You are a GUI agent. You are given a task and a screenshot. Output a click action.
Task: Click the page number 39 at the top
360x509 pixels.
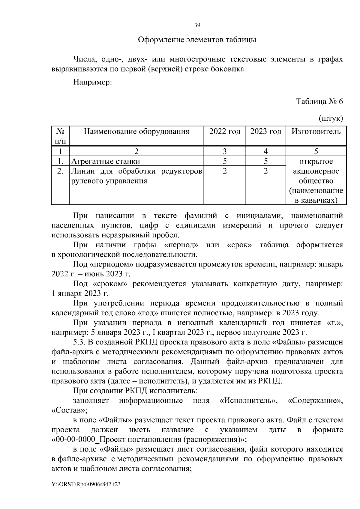coord(197,25)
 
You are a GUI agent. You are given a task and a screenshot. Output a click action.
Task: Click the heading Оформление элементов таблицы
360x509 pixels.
coord(197,40)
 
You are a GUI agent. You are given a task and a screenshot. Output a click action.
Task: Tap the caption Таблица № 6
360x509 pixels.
coord(319,101)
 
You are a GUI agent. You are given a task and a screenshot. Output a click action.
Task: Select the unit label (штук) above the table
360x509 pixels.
coord(331,118)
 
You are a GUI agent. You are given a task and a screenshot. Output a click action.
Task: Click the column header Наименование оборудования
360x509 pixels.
coord(136,132)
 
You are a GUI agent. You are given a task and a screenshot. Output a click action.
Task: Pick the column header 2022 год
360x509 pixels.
coord(225,132)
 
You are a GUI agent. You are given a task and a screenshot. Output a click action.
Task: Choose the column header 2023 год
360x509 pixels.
coord(265,132)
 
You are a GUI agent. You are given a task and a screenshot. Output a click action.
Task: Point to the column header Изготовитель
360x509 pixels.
coord(316,132)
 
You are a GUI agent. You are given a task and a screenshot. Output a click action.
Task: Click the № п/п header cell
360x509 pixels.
coord(60,136)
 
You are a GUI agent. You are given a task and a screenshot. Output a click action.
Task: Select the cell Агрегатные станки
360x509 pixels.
coord(106,161)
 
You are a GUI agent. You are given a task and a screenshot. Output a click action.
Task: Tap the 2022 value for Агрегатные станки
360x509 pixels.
coord(225,161)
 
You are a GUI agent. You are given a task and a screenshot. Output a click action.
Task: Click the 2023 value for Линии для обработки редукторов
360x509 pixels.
coord(265,171)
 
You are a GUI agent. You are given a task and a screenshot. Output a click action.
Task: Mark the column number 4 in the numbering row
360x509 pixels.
coord(265,151)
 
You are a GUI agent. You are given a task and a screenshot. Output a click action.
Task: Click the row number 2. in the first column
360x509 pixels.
coord(60,171)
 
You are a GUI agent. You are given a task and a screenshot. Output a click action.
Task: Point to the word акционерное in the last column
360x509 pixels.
coord(316,171)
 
